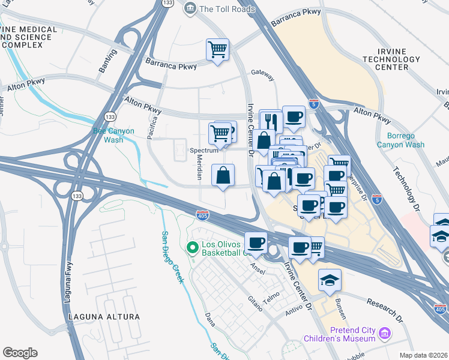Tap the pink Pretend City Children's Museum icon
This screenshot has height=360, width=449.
coord(385,332)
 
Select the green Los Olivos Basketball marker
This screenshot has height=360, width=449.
coord(193,247)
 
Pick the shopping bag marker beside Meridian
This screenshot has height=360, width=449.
coord(223,176)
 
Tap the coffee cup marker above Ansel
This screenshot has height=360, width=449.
coord(256,242)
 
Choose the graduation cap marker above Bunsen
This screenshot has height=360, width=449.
coord(330,280)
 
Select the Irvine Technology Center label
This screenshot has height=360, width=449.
coord(393,59)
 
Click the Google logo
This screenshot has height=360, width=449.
coord(20,353)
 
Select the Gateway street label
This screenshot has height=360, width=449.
coord(263,77)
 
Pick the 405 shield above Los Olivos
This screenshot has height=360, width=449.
coord(202,214)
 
